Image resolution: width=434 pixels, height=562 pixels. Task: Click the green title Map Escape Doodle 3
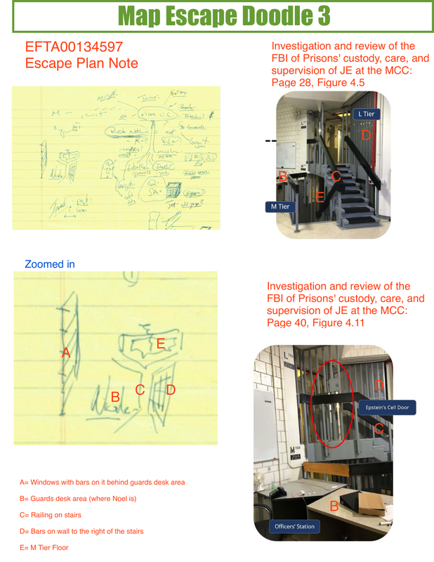coord(217,16)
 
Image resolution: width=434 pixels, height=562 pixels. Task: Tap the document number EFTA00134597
coord(74,48)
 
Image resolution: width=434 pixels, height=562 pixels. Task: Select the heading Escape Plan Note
coord(81,63)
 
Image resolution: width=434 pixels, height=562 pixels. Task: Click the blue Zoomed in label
coord(50,265)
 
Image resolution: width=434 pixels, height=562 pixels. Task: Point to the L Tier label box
coord(367,113)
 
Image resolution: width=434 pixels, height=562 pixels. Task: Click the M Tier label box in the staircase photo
coord(278,207)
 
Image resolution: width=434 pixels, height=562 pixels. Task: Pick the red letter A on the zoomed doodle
coord(66,353)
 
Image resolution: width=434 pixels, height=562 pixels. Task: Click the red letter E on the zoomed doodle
coord(160,344)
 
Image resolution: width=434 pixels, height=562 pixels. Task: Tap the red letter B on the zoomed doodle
coord(115,397)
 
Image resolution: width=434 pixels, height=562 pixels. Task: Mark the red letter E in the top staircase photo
coord(320,197)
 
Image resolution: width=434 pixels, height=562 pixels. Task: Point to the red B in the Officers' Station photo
coord(334,506)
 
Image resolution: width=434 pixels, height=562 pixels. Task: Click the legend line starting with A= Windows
coord(103,483)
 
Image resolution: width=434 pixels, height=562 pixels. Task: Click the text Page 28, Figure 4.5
coord(317,84)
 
